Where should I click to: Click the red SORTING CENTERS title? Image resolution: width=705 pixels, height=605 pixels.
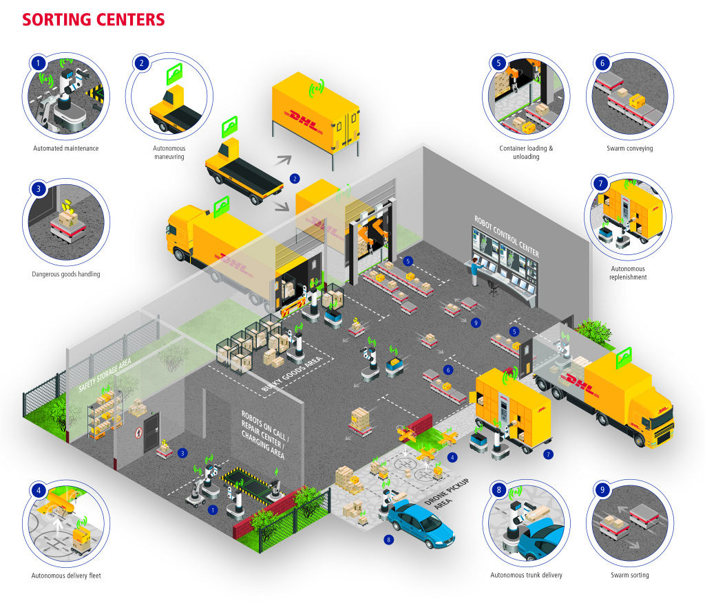click(94, 19)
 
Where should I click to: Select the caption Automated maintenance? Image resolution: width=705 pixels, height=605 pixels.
click(66, 148)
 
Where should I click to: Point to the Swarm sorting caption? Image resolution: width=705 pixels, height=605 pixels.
click(629, 575)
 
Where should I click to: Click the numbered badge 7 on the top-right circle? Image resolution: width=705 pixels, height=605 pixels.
click(600, 184)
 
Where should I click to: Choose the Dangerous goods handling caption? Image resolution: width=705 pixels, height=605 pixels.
click(66, 274)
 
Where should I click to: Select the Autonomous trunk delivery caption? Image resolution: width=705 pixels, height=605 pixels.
click(526, 575)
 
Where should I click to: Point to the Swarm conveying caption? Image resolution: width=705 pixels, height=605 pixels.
click(630, 148)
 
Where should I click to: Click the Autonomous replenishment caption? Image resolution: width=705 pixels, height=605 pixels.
click(629, 273)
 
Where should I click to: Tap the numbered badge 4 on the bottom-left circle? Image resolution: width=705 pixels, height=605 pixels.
click(39, 491)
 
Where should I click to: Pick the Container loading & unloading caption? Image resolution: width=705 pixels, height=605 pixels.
click(526, 152)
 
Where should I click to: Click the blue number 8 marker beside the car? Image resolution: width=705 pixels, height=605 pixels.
click(389, 540)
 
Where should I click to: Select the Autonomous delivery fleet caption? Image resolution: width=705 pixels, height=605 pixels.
click(66, 575)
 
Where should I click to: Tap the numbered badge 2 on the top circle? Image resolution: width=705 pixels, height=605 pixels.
click(142, 63)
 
